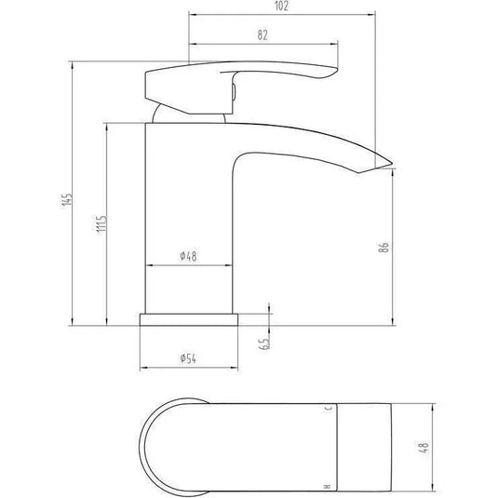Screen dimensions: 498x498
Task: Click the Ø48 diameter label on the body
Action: [x=187, y=256]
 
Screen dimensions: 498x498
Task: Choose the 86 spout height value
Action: [x=383, y=247]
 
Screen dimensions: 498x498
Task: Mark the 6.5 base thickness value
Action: [x=264, y=343]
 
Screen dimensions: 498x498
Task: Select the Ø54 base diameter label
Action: [x=189, y=359]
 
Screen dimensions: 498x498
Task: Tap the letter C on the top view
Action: [x=327, y=409]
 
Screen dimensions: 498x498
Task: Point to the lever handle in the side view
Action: [x=233, y=78]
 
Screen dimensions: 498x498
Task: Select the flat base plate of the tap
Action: [x=190, y=319]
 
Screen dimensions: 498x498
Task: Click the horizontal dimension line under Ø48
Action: [x=189, y=266]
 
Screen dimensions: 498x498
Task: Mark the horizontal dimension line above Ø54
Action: [x=190, y=369]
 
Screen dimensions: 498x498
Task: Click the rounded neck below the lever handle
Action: [x=191, y=113]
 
